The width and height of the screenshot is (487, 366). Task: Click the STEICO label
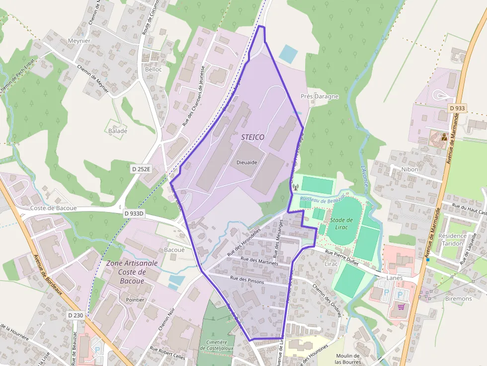tap(252, 137)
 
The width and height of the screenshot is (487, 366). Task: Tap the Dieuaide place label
tap(247, 162)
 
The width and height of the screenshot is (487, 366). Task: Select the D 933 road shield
tap(457, 108)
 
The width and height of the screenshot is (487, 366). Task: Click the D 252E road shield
tap(141, 169)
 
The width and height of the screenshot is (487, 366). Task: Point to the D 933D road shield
tap(134, 214)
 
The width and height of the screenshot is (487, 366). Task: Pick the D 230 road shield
tap(76, 315)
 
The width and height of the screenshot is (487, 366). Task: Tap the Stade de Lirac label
tap(341, 223)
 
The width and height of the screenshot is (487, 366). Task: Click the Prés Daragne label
tap(320, 96)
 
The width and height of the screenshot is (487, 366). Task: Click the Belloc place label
tap(154, 70)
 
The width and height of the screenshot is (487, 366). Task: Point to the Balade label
tap(118, 131)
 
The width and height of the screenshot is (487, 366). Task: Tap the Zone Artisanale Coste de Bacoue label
tap(131, 272)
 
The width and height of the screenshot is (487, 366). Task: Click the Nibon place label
tap(410, 169)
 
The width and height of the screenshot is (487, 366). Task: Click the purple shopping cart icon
tap(401, 306)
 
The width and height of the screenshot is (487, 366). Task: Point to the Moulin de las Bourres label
tap(347, 359)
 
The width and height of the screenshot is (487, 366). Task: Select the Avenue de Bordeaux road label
tap(48, 276)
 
